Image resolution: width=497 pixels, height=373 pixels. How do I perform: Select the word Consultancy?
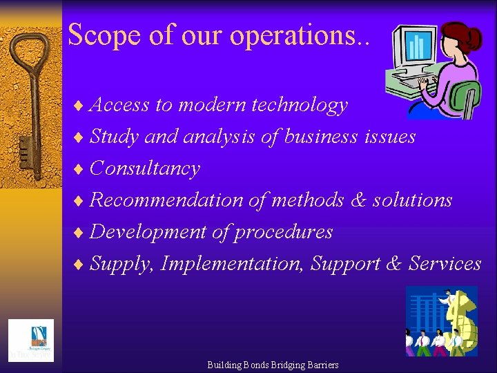coord(145,169)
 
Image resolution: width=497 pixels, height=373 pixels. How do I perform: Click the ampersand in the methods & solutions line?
coord(358,200)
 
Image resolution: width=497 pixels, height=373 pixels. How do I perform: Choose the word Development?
coord(148,232)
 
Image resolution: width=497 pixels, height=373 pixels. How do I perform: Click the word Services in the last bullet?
coord(445,264)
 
